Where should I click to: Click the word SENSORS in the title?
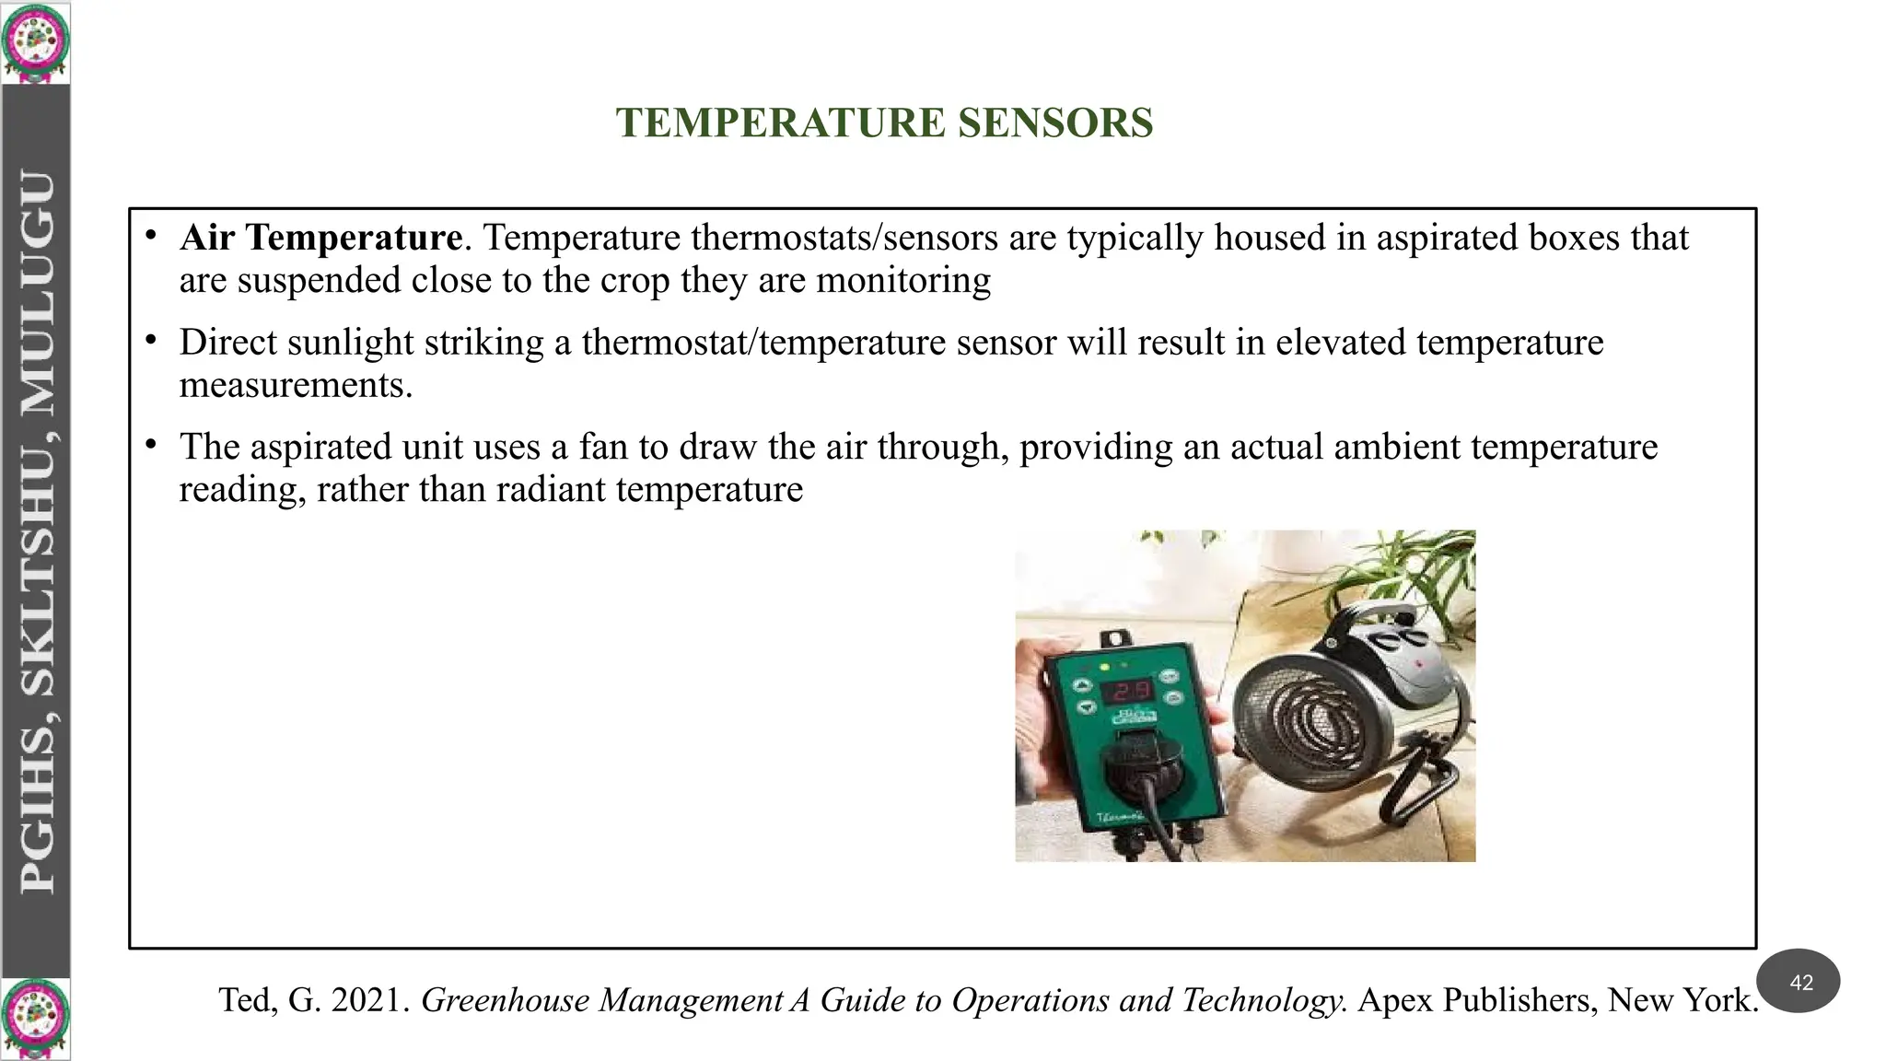click(1054, 123)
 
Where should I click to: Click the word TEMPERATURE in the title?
click(781, 123)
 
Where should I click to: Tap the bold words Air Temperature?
click(320, 238)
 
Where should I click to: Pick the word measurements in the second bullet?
click(295, 385)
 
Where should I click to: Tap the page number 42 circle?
click(1800, 982)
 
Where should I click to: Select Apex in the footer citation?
click(1394, 1000)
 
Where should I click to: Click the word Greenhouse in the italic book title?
click(506, 1000)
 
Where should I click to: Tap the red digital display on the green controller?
click(1129, 691)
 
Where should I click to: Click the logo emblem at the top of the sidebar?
click(35, 42)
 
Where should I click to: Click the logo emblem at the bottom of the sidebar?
click(35, 1019)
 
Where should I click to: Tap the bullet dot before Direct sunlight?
click(151, 341)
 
